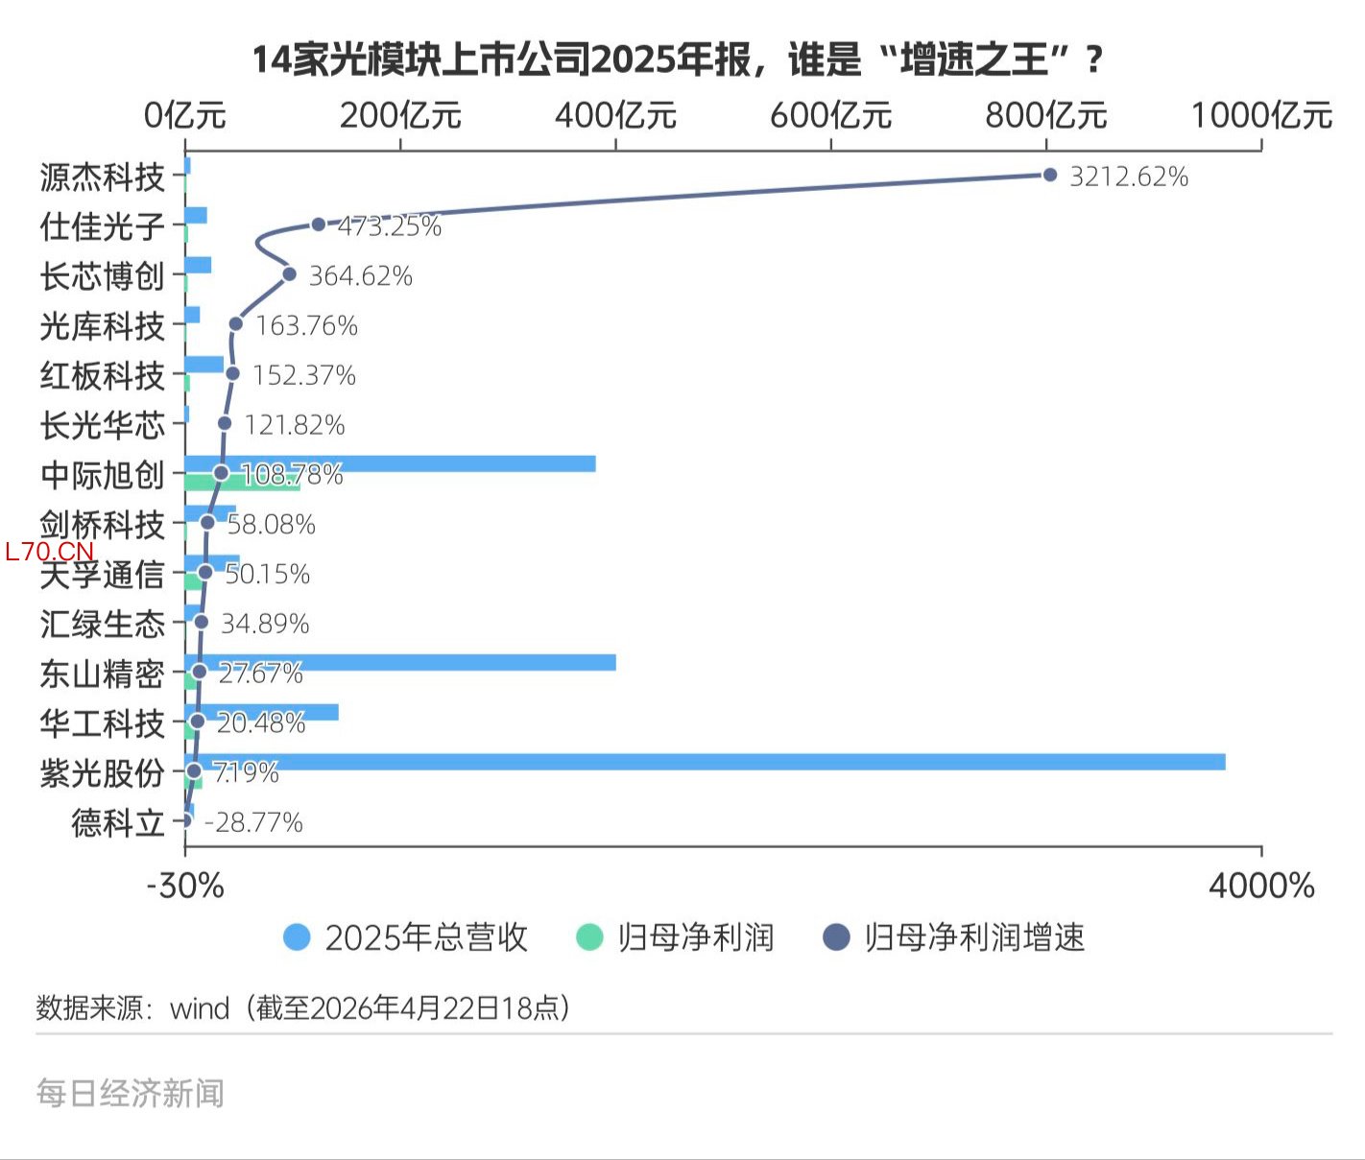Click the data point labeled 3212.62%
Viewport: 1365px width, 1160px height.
(x=1049, y=175)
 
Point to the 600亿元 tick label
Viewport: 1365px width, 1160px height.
(x=830, y=116)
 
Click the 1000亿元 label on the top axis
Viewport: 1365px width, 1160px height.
(x=1261, y=116)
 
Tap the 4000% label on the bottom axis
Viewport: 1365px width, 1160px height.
(x=1261, y=886)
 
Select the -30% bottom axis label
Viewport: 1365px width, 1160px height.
(x=185, y=886)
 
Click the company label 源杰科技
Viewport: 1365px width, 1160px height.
(x=102, y=178)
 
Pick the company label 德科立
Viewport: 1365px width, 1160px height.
(x=117, y=822)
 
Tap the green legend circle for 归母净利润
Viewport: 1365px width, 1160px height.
(x=588, y=937)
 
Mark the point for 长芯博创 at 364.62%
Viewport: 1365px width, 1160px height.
(x=289, y=274)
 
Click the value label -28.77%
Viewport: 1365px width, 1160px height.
(x=254, y=822)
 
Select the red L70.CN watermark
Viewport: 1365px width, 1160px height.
(x=50, y=552)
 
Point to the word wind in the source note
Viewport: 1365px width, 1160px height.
(x=200, y=1008)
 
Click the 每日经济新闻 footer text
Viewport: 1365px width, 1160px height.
(x=131, y=1093)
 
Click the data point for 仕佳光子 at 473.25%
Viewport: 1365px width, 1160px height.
(x=319, y=225)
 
